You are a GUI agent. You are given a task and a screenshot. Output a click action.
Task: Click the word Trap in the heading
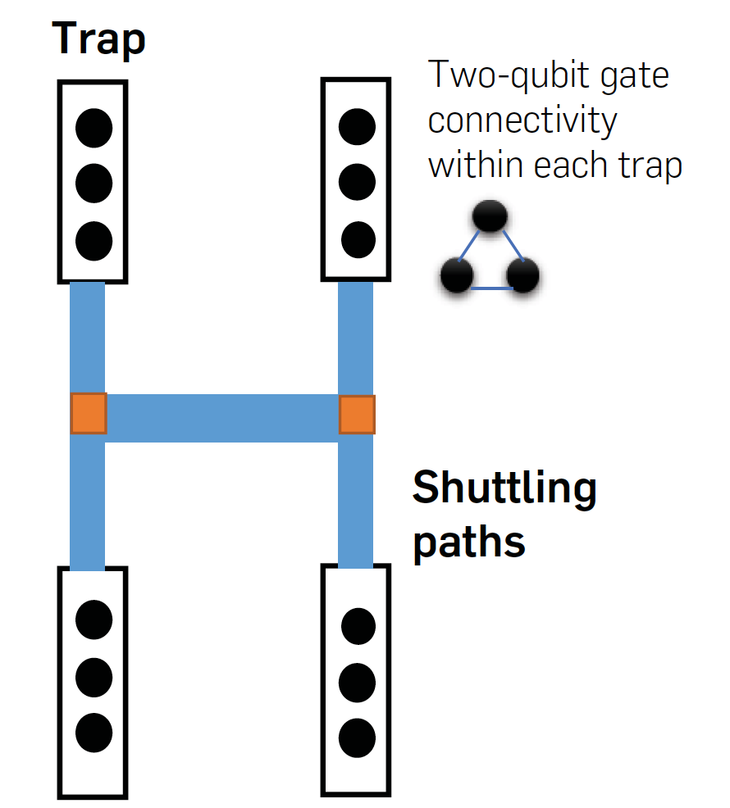98,39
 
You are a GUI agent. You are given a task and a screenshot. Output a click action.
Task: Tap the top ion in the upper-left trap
94,127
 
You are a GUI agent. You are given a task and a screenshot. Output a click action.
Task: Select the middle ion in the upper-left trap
94,184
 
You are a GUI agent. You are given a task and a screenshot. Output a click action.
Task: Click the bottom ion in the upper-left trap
94,240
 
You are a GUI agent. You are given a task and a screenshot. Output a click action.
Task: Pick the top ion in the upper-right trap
357,127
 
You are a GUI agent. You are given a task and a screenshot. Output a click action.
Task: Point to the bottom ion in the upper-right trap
357,240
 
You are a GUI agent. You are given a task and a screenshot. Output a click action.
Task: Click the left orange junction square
89,413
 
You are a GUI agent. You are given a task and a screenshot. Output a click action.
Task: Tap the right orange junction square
357,415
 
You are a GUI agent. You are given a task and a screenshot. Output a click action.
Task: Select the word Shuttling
504,489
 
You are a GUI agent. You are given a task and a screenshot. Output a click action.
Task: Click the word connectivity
522,120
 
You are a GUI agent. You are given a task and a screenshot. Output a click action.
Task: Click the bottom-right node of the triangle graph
522,275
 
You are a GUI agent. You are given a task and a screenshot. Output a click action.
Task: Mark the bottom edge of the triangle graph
490,288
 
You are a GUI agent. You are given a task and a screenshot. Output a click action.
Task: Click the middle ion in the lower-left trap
94,676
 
